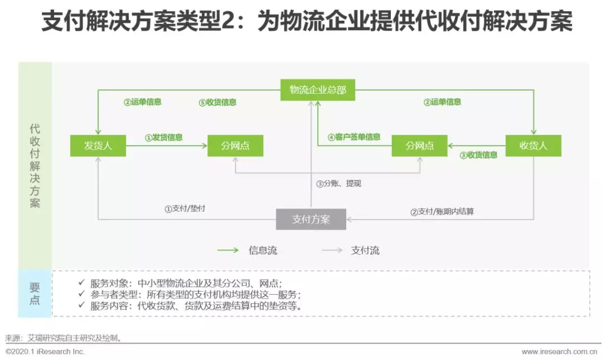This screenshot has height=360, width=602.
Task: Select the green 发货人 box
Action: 98,146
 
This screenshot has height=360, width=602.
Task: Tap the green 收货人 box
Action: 533,146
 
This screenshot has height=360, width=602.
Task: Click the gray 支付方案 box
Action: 311,220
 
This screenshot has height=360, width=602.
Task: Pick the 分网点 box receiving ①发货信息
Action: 235,146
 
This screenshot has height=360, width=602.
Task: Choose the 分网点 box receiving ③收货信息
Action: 420,146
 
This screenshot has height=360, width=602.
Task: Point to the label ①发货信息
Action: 164,137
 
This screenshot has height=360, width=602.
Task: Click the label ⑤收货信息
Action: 217,103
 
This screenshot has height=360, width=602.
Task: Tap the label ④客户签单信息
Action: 354,137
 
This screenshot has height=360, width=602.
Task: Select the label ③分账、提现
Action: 338,183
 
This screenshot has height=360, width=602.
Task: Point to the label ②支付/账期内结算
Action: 442,212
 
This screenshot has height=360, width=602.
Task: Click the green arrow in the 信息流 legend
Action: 228,250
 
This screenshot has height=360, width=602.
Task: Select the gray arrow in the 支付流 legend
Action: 332,250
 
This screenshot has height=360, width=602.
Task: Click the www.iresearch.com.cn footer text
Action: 559,352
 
